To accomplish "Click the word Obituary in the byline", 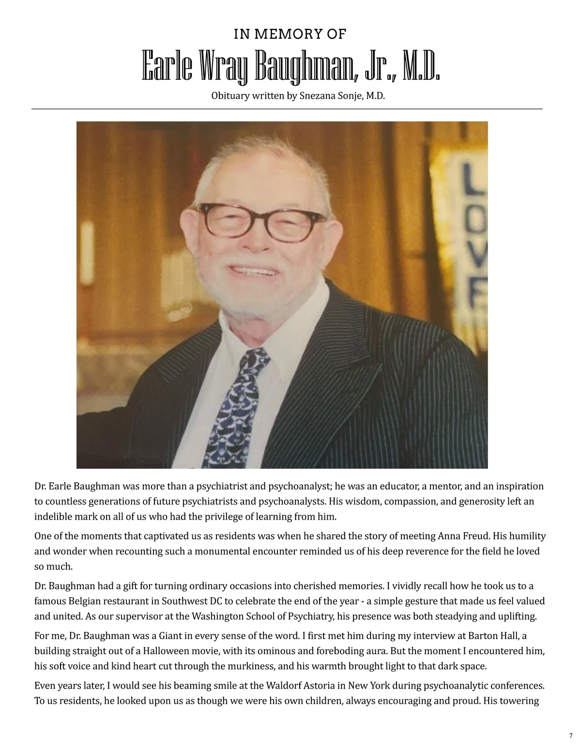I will (x=229, y=96).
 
